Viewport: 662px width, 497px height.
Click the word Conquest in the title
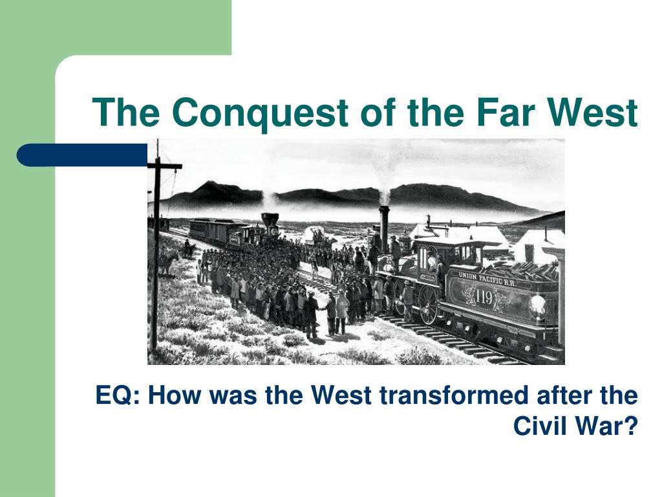pyautogui.click(x=260, y=113)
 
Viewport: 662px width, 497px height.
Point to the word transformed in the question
pyautogui.click(x=454, y=395)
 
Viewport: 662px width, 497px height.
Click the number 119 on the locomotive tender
pyautogui.click(x=484, y=296)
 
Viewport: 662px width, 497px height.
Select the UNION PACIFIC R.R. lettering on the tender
pyautogui.click(x=487, y=280)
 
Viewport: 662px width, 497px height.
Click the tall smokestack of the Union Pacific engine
pyautogui.click(x=384, y=229)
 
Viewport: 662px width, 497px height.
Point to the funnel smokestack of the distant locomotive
pyautogui.click(x=270, y=220)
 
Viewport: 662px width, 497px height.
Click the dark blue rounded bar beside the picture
pyautogui.click(x=82, y=155)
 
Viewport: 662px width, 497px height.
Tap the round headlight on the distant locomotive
pyautogui.click(x=274, y=231)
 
